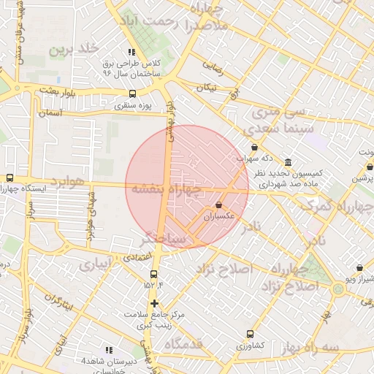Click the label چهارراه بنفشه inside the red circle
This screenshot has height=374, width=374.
point(166,188)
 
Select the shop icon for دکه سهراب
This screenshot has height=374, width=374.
point(254,147)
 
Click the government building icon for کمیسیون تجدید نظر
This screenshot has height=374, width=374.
point(289,162)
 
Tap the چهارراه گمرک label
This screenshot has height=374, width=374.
point(337,206)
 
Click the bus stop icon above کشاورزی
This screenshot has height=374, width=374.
point(251,333)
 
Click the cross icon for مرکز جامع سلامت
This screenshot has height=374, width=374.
point(154,303)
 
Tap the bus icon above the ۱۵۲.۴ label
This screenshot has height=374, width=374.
point(153,275)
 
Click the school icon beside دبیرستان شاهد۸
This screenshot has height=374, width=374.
point(109,351)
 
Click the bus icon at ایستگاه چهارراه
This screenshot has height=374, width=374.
point(9,178)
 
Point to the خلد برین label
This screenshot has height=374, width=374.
point(72,50)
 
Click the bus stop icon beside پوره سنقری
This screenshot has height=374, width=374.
point(132,93)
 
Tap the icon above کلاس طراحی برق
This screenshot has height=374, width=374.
point(131,53)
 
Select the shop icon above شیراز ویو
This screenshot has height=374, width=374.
point(359,268)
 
